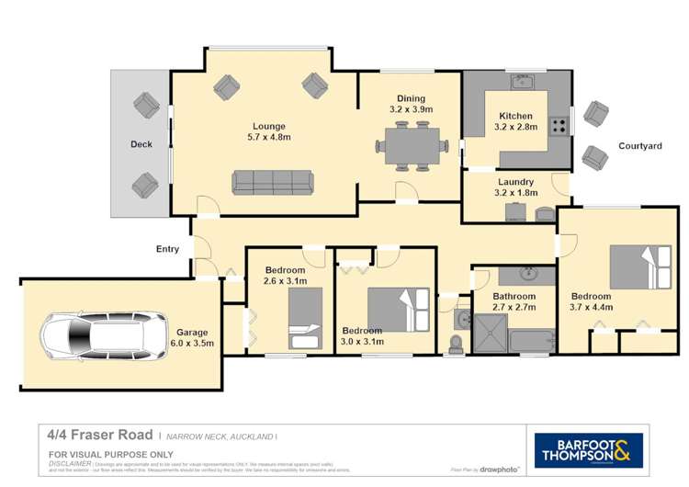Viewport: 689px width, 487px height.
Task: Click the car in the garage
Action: point(89,334)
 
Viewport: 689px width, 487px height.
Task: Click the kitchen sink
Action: point(524,84)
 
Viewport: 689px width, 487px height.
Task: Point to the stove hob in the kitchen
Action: point(558,126)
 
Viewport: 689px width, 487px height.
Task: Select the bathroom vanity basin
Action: point(528,274)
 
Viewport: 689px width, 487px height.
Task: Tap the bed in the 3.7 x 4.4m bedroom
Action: point(640,266)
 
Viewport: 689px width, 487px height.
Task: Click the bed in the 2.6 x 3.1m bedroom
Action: point(305,318)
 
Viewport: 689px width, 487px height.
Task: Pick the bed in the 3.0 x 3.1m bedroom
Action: point(398,310)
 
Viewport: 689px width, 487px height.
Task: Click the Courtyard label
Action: point(639,146)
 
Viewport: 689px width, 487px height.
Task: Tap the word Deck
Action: point(141,144)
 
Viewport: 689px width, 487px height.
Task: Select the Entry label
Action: point(167,249)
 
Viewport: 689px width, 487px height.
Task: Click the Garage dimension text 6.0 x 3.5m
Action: point(193,344)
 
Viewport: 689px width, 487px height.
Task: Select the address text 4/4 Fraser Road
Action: point(100,436)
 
